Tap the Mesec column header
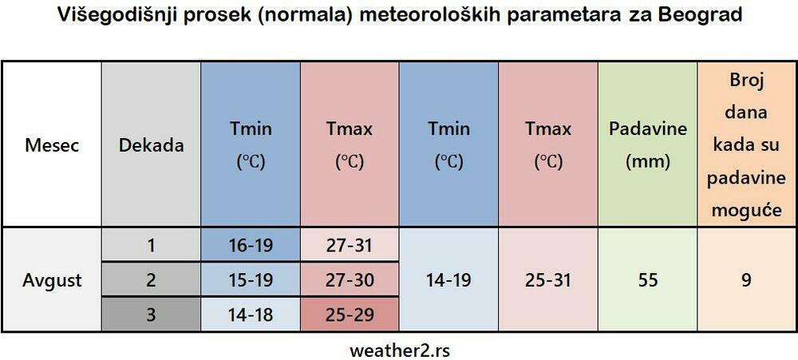[x=52, y=145]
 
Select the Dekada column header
[x=151, y=145]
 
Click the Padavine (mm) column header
[x=647, y=145]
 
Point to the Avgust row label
[x=52, y=280]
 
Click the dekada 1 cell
[x=151, y=245]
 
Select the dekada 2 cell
[x=151, y=280]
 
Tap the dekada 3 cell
[x=151, y=315]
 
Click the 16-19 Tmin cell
[x=251, y=245]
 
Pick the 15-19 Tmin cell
[x=251, y=280]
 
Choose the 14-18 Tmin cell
[x=251, y=315]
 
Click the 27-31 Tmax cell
[x=350, y=245]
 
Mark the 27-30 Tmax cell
[x=350, y=280]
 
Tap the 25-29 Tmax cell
[x=350, y=315]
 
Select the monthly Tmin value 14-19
[x=448, y=280]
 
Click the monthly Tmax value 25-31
[x=548, y=280]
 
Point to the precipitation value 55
[x=647, y=280]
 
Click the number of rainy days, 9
[x=746, y=280]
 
